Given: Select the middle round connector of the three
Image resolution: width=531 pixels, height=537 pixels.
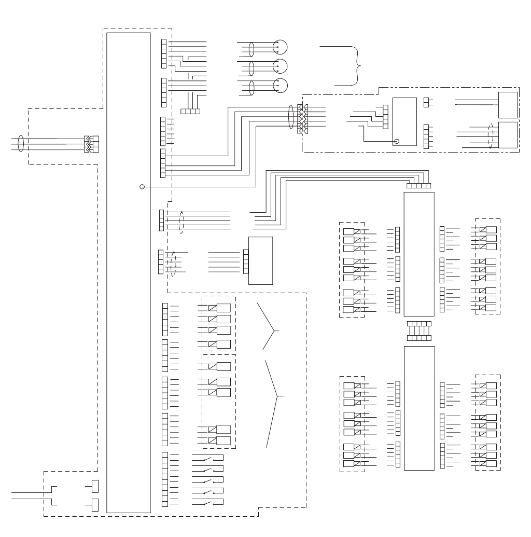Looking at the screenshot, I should click(280, 66).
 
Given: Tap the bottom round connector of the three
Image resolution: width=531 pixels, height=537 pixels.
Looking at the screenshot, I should click(280, 85).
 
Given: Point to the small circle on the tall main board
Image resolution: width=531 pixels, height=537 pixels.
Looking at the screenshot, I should click(142, 187).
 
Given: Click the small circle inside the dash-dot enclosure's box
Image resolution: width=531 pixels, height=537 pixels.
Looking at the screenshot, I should click(397, 141).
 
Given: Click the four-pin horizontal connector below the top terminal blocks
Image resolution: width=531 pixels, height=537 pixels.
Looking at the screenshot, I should click(190, 111).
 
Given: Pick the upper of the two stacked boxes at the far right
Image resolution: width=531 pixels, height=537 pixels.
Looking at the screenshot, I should click(508, 105).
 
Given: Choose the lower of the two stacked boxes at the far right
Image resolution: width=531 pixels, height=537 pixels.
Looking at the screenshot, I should click(508, 135).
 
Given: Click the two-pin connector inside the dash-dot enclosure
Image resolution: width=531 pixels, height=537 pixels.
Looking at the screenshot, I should click(427, 102).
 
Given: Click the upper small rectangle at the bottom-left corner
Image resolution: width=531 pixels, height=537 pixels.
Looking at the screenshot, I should click(95, 486).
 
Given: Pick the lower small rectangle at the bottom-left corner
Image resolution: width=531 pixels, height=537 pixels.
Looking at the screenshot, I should click(95, 504).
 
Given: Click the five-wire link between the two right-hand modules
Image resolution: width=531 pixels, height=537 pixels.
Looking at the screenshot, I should click(419, 331).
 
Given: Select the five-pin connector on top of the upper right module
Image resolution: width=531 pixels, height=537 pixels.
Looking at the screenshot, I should click(419, 185).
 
